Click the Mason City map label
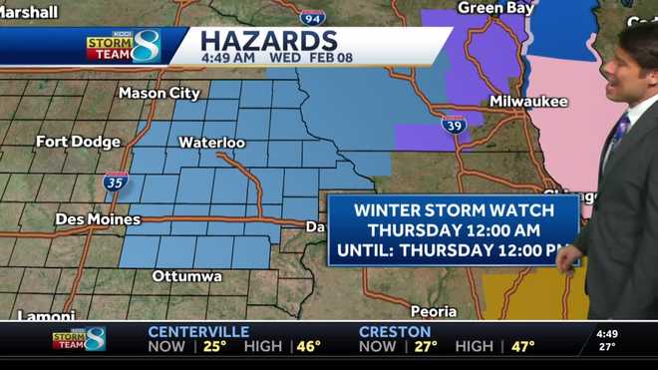[x=159, y=93]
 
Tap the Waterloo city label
[x=211, y=143]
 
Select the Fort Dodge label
[x=79, y=142]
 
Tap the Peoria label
[x=433, y=310]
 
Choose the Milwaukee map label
[x=527, y=102]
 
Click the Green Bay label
[x=494, y=8]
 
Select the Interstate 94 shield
[x=312, y=16]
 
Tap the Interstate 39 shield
[x=454, y=125]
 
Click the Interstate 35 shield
[x=115, y=182]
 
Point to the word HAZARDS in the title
[x=268, y=41]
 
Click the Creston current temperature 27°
[x=426, y=347]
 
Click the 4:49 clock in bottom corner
[x=606, y=333]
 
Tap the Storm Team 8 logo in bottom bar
[x=80, y=339]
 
